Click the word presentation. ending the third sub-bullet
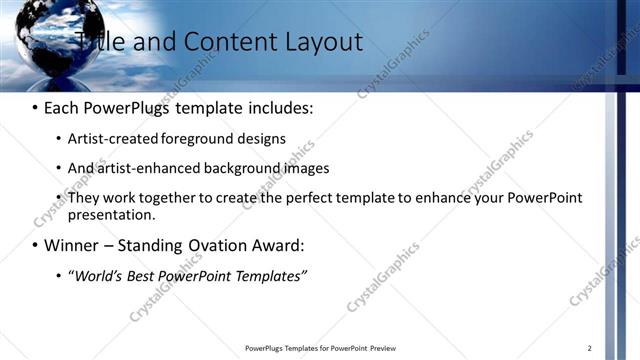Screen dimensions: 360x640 (x=112, y=214)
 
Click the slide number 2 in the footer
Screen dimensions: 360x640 (x=590, y=348)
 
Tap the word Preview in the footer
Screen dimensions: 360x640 (x=384, y=348)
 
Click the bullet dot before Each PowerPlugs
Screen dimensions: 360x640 (x=35, y=107)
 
